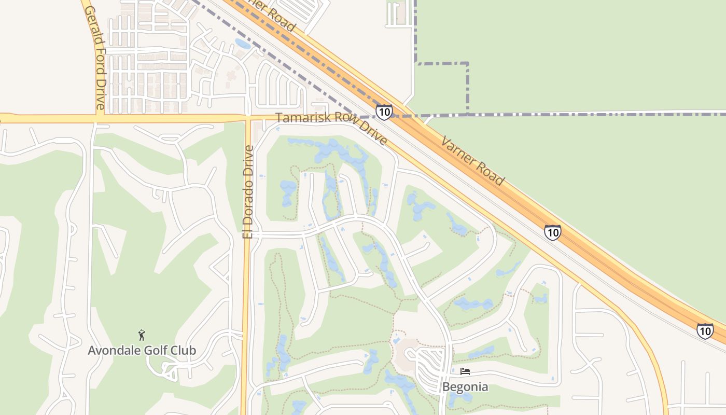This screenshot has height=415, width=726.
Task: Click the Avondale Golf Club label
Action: tap(142, 350)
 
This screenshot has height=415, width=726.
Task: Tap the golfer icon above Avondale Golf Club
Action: tap(142, 335)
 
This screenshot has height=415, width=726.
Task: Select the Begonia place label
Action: tap(465, 386)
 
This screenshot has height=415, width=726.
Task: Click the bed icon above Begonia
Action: tap(465, 371)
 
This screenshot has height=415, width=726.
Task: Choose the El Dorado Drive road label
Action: tap(248, 192)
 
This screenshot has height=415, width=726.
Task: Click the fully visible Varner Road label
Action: tap(472, 161)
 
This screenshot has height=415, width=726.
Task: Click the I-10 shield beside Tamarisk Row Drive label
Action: tap(384, 112)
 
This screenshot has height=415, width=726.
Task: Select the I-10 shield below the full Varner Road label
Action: tap(553, 232)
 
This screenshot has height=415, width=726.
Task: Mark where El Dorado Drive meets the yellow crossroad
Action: tap(247, 119)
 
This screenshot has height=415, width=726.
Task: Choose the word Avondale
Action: tap(110, 350)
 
